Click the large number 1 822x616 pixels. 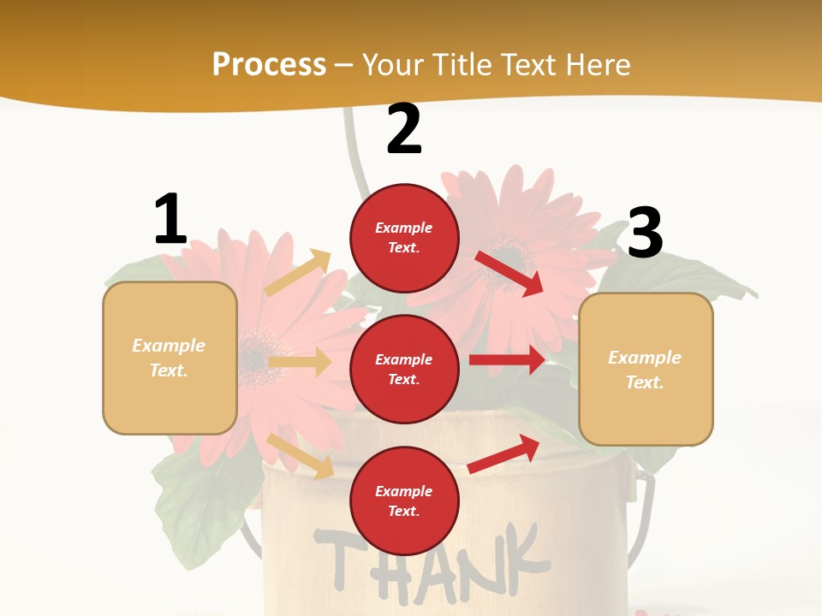(170, 220)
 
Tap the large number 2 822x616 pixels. (404, 130)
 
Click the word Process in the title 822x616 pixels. (269, 64)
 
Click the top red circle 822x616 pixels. (404, 238)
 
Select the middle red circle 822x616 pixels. (404, 369)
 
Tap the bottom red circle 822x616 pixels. (404, 500)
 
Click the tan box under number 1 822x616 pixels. (170, 358)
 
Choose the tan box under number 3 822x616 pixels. (646, 369)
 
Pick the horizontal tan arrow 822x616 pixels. (300, 362)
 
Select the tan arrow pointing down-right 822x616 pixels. (301, 456)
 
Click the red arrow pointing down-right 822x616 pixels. (510, 273)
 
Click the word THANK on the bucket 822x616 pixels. (428, 556)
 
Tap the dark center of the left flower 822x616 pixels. (253, 359)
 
